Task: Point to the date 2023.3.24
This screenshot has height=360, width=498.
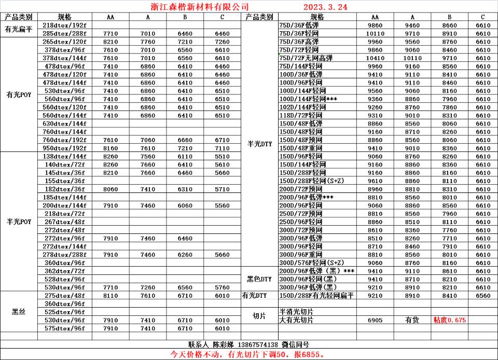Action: [x=325, y=7]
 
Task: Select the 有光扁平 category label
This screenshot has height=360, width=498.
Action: [x=19, y=29]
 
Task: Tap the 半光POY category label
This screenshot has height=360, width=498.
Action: [x=19, y=221]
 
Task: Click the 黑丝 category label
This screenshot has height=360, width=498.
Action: [x=19, y=312]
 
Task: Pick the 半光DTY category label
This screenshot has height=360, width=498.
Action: [x=259, y=144]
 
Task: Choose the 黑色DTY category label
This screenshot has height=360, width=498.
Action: [x=259, y=279]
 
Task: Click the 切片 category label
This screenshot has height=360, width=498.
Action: [x=259, y=316]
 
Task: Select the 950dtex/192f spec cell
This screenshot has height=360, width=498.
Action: [x=64, y=148]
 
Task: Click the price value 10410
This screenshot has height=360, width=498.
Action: [x=375, y=58]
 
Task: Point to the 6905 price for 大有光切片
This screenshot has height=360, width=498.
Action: [x=375, y=320]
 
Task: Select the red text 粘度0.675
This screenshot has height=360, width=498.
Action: [x=449, y=320]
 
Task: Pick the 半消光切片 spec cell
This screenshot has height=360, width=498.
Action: [x=296, y=312]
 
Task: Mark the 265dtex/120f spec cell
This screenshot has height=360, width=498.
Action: [x=64, y=41]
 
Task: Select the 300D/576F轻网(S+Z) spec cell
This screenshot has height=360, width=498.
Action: [x=311, y=262]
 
